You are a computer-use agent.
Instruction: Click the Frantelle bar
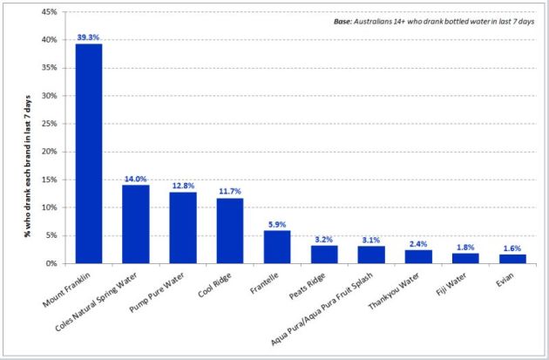tap(276, 246)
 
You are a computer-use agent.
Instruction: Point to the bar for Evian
tap(512, 258)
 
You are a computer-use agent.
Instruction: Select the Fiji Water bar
tap(464, 257)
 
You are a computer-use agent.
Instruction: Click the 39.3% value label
tap(88, 37)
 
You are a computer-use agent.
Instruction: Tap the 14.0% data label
tap(135, 179)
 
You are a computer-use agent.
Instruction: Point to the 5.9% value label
tap(276, 224)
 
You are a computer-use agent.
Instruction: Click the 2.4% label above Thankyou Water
tap(417, 244)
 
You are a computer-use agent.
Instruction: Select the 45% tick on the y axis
tap(49, 12)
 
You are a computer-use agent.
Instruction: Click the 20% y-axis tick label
tap(49, 152)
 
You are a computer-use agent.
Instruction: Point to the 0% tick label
tap(51, 263)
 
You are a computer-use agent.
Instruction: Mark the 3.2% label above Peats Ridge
tap(323, 239)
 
